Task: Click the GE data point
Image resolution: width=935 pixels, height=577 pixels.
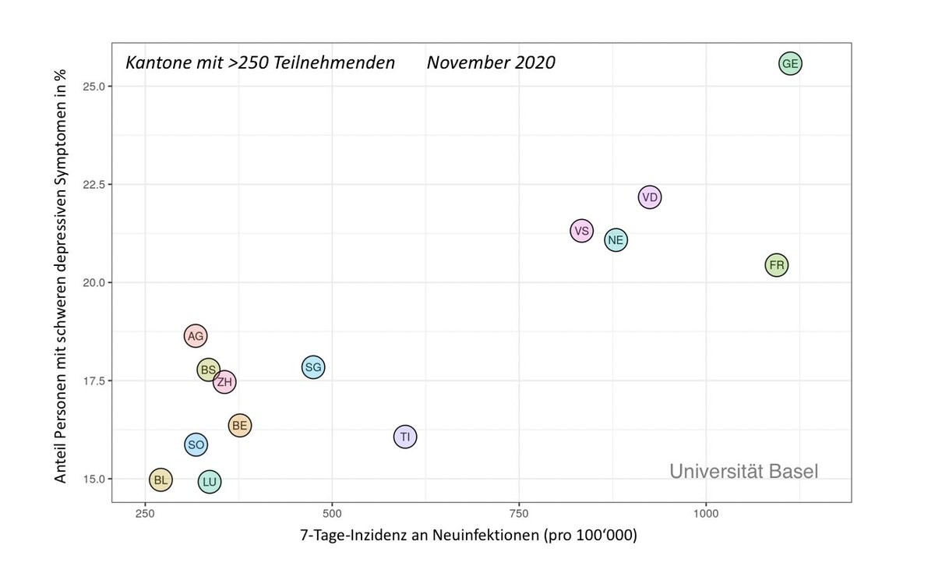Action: coord(790,64)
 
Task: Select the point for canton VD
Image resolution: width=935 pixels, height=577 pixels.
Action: coord(650,197)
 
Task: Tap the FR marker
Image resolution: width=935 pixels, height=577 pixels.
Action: coord(777,265)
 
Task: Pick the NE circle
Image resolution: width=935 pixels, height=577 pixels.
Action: coord(616,239)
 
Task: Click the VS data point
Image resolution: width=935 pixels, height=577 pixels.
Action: coord(581,231)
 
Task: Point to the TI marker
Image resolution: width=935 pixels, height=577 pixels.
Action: coord(404,437)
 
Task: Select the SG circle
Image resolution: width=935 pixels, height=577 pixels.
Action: coord(312,367)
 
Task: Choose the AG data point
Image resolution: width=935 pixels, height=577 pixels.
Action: coord(196,336)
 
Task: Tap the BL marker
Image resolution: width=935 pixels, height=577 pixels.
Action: coord(161,480)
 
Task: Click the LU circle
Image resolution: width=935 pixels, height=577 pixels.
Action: coord(210,482)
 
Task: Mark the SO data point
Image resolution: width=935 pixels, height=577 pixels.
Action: coord(196,444)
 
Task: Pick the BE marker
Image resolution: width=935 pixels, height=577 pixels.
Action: coord(239,425)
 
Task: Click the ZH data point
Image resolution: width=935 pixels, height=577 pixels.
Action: coord(224,382)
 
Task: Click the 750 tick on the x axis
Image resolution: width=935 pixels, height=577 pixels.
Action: coord(519,515)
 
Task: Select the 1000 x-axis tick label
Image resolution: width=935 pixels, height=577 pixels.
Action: coord(706,515)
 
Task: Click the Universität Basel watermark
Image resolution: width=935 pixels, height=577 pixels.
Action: coord(743,471)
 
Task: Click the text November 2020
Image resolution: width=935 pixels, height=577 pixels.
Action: coord(491,62)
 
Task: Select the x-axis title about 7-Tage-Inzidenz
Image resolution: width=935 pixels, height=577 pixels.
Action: coord(468,536)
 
